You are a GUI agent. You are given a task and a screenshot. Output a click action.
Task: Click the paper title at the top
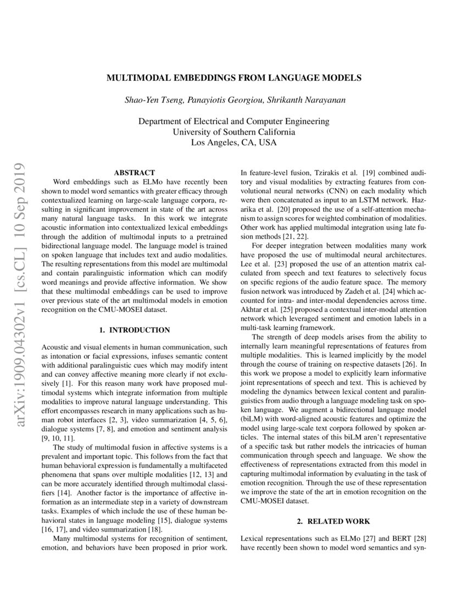pyautogui.click(x=233, y=78)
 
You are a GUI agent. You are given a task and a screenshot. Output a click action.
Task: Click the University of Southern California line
pyautogui.click(x=233, y=132)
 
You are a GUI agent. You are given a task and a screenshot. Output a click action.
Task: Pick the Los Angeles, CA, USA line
pyautogui.click(x=233, y=142)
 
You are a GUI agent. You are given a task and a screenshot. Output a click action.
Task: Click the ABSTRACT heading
pyautogui.click(x=134, y=172)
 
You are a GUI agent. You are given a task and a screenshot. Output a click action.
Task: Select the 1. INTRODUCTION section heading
pyautogui.click(x=134, y=330)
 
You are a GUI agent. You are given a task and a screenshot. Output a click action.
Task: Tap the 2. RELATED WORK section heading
pyautogui.click(x=334, y=521)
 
